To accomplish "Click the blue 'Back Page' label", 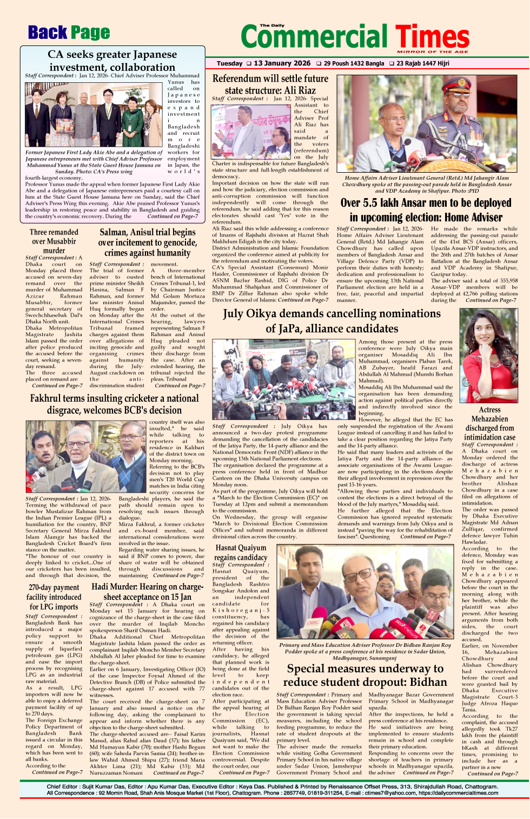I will pyautogui.click(x=69, y=33).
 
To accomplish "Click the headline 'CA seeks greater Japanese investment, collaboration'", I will pyautogui.click(x=112, y=61).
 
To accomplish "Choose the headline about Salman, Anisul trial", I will pyautogui.click(x=148, y=242).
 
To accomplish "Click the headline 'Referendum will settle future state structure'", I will pyautogui.click(x=270, y=84).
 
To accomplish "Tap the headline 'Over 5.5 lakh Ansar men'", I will pyautogui.click(x=426, y=210).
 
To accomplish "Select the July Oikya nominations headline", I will pyautogui.click(x=332, y=320).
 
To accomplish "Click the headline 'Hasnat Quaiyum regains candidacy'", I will pyautogui.click(x=241, y=552).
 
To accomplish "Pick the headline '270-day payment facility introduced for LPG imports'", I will pyautogui.click(x=54, y=597).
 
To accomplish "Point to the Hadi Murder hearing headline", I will pyautogui.click(x=148, y=592).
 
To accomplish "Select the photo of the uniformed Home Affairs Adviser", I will pyautogui.click(x=426, y=123).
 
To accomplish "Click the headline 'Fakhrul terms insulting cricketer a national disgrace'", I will pyautogui.click(x=115, y=404).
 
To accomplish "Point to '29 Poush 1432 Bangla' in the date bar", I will pyautogui.click(x=354, y=63).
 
